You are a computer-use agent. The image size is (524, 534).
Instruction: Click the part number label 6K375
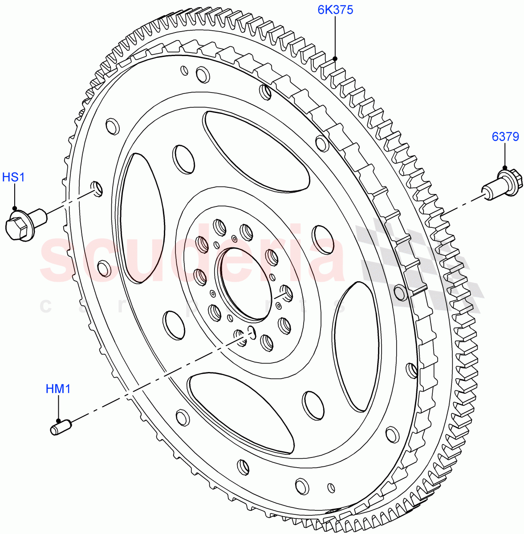(335, 9)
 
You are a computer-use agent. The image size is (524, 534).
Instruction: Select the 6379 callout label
(505, 137)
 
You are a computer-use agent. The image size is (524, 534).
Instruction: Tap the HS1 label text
(14, 178)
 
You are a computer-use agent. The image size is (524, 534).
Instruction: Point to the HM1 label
(58, 389)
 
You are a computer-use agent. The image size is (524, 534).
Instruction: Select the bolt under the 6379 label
(498, 184)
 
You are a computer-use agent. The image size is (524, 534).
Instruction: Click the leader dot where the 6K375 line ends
(335, 58)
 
